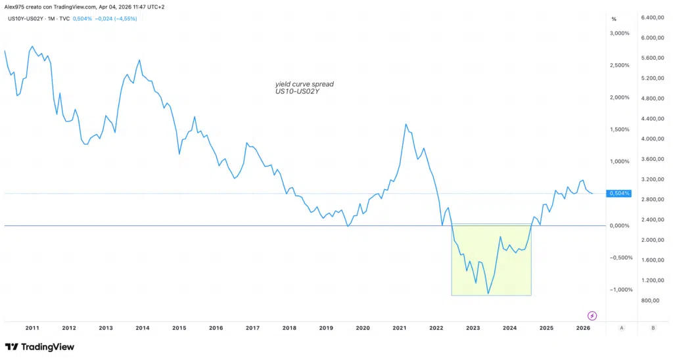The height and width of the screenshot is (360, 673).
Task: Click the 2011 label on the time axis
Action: (32, 327)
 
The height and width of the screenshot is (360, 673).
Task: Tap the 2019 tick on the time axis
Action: (326, 327)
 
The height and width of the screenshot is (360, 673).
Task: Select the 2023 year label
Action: (473, 327)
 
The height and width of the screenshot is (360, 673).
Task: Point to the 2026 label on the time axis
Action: (583, 327)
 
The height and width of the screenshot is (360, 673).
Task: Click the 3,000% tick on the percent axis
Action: (620, 33)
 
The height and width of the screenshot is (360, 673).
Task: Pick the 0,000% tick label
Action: (620, 225)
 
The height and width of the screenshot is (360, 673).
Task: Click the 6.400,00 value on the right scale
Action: (653, 17)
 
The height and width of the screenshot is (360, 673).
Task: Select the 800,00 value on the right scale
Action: (650, 300)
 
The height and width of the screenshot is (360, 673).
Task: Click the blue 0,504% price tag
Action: (620, 193)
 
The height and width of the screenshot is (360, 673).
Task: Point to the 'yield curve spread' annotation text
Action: (304, 84)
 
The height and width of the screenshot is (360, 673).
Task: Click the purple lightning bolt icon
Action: (592, 315)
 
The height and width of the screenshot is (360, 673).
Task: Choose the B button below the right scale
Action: (653, 327)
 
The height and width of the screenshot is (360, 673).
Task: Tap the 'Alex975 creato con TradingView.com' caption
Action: (51, 7)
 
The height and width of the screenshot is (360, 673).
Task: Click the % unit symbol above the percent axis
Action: (613, 18)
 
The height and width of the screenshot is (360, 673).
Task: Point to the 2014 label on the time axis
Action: (143, 327)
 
